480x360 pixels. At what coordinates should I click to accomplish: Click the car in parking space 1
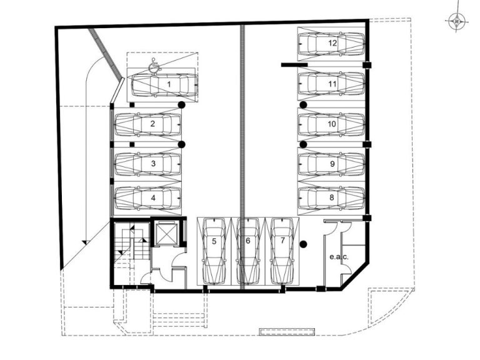[x=164, y=84]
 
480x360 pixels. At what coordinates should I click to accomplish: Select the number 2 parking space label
[x=152, y=124]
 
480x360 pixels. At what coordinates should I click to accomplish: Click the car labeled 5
[x=214, y=250]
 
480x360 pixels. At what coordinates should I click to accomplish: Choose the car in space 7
[x=282, y=250]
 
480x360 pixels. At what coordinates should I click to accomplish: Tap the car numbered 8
[x=331, y=197]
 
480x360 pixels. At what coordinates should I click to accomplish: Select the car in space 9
[x=331, y=163]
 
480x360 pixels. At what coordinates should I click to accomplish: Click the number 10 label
[x=332, y=124]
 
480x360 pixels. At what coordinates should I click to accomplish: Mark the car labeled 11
[x=331, y=84]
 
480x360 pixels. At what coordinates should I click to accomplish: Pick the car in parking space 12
[x=331, y=44]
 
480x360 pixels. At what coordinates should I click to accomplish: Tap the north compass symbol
[x=457, y=21]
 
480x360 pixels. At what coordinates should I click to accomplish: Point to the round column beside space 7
[x=303, y=244]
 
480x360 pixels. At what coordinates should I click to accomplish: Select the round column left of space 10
[x=303, y=105]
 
